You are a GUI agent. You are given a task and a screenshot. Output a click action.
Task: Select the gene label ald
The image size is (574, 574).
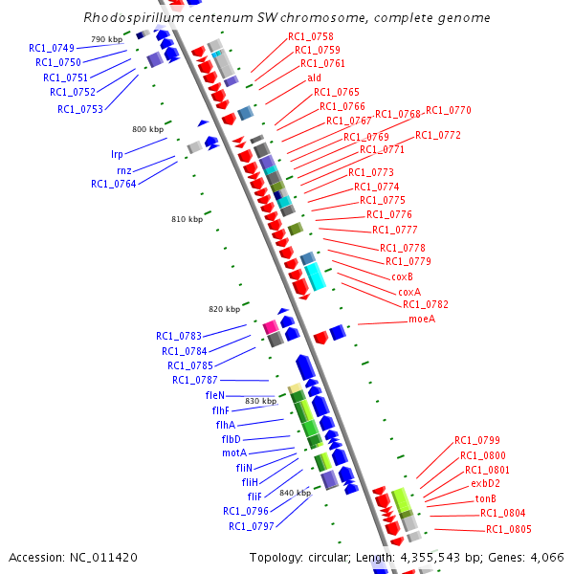tap(314, 77)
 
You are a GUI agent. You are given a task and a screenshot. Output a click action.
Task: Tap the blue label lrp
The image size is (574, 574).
tap(117, 153)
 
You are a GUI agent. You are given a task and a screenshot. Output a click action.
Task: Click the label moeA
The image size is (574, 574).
tap(422, 319)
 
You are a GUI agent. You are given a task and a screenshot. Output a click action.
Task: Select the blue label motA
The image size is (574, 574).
tap(234, 453)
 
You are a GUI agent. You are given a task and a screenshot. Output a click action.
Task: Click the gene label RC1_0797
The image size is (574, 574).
tap(251, 526)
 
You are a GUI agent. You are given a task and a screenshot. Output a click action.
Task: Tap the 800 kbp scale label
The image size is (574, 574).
tap(148, 128)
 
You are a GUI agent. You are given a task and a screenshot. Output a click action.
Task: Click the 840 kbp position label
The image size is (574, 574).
tap(296, 493)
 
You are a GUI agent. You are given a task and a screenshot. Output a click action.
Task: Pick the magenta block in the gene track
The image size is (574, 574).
tap(271, 327)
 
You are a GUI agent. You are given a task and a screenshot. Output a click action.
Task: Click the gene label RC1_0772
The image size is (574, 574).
tap(438, 135)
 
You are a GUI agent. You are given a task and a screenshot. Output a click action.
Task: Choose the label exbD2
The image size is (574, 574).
tap(485, 484)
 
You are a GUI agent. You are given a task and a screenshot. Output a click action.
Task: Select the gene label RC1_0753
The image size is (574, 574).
tap(80, 109)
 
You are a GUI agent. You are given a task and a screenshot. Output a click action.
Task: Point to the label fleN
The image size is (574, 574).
tap(214, 395)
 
